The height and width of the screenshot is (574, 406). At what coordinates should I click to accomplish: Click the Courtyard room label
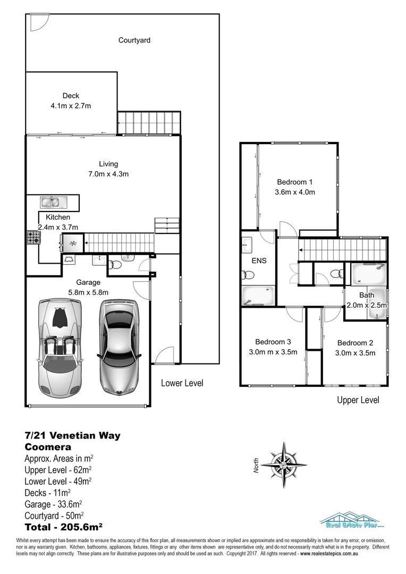pyautogui.click(x=134, y=40)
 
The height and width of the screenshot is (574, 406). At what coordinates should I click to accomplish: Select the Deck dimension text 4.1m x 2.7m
pyautogui.click(x=71, y=105)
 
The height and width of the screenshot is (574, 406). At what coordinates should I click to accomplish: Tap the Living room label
pyautogui.click(x=108, y=164)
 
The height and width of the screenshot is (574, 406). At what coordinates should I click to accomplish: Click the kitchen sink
pyautogui.click(x=52, y=201)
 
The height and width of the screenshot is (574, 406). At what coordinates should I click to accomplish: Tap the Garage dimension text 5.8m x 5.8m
pyautogui.click(x=89, y=292)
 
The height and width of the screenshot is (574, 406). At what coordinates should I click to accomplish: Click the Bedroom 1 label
pyautogui.click(x=294, y=182)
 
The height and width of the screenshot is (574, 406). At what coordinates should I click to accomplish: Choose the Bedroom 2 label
pyautogui.click(x=355, y=343)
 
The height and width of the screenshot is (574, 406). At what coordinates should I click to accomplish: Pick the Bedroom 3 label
pyautogui.click(x=273, y=342)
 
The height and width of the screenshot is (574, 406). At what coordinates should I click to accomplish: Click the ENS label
pyautogui.click(x=259, y=261)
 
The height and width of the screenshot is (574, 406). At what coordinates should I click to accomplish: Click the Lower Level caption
pyautogui.click(x=182, y=383)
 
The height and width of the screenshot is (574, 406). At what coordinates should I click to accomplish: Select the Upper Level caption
pyautogui.click(x=358, y=400)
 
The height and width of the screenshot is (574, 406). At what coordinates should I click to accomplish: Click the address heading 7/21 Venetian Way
pyautogui.click(x=73, y=436)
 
